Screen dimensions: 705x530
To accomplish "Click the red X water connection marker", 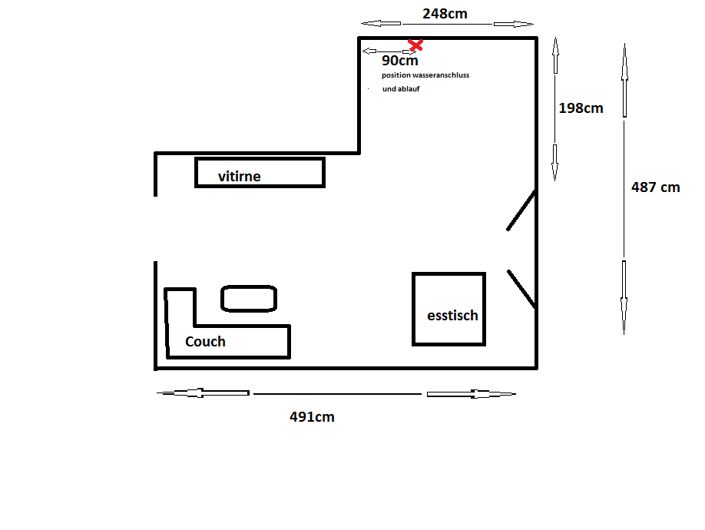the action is [415, 45].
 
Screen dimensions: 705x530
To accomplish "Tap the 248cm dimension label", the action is [445, 14].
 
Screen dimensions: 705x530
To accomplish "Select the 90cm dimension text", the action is [399, 60].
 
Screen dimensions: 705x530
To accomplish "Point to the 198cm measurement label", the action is [581, 108].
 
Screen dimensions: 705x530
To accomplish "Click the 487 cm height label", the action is [656, 187].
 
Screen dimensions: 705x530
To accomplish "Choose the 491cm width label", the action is [312, 417].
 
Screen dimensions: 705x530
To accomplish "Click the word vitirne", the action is [239, 176].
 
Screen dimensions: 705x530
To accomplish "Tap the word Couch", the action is [205, 342].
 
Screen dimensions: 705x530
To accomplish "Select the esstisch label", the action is [452, 316].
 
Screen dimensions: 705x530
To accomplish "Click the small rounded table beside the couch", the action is [249, 286].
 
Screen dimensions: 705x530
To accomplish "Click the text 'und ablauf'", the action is [401, 89].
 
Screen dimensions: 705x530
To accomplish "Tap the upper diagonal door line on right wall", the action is [521, 210].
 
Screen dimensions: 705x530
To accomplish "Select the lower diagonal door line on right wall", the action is [521, 289].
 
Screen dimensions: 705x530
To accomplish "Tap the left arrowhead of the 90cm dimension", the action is [369, 51].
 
